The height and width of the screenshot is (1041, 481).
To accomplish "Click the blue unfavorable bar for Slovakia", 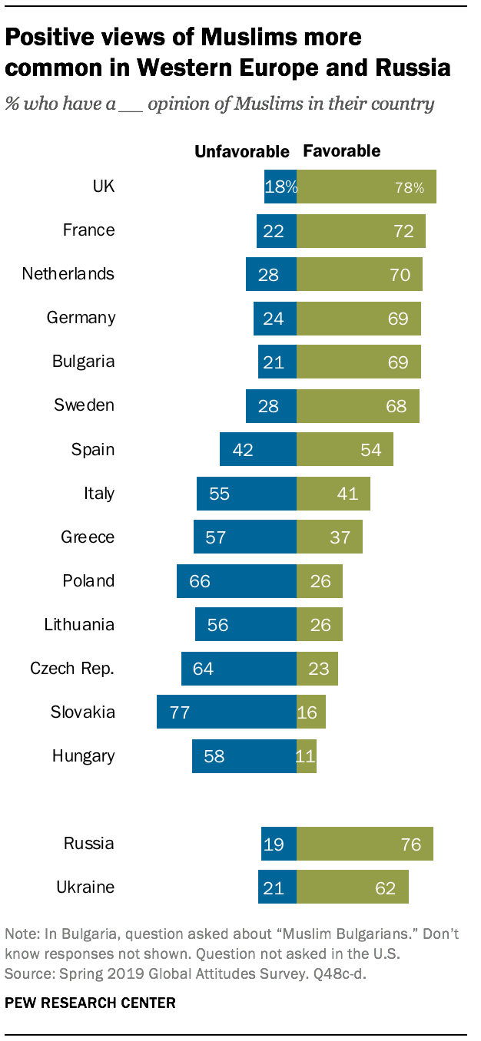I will [226, 712].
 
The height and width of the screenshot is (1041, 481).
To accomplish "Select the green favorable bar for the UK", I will [367, 187].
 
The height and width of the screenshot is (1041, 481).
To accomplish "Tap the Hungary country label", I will [83, 755].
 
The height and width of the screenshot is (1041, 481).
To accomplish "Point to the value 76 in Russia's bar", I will [411, 844].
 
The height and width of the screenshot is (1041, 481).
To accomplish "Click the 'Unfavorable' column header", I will [241, 151].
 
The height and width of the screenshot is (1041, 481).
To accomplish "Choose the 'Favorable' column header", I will [342, 150].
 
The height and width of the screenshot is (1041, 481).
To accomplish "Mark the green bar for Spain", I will [344, 449].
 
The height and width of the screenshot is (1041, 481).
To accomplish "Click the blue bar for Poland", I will [236, 580].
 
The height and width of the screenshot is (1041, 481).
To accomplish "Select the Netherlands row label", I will [68, 274].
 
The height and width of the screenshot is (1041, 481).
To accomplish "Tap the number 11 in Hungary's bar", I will [305, 756].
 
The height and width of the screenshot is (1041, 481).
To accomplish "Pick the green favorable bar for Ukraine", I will [352, 887].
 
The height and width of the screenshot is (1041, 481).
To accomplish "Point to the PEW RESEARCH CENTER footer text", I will [91, 1002].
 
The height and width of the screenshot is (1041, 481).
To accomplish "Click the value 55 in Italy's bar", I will [219, 494].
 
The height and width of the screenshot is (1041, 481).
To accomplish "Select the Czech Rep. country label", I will [72, 668].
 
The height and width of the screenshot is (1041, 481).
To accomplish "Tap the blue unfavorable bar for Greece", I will [244, 537].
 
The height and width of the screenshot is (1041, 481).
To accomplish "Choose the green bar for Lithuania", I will [319, 624].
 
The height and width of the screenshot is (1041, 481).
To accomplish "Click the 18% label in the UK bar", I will [280, 187].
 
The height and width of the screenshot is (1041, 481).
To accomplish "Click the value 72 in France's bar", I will [403, 230].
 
